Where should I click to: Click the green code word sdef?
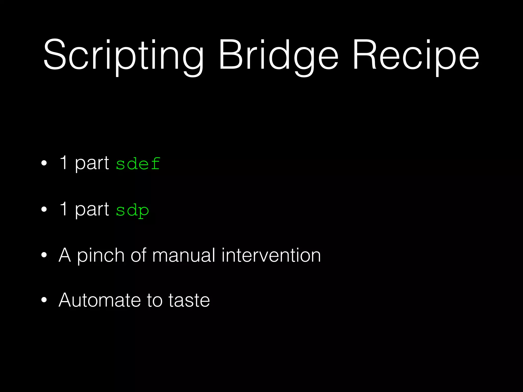pyautogui.click(x=138, y=164)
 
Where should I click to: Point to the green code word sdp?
pyautogui.click(x=132, y=210)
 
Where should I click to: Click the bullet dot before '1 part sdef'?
pyautogui.click(x=44, y=163)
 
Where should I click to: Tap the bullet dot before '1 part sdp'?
pyautogui.click(x=44, y=209)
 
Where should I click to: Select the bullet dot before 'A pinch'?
pyautogui.click(x=44, y=255)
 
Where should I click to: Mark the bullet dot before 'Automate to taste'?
pyautogui.click(x=44, y=300)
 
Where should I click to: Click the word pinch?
pyautogui.click(x=101, y=255)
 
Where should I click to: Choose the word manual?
pyautogui.click(x=184, y=255)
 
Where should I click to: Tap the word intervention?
pyautogui.click(x=271, y=255)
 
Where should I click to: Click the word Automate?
pyautogui.click(x=100, y=300)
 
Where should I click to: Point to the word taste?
pyautogui.click(x=189, y=300)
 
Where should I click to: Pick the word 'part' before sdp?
pyautogui.click(x=92, y=209)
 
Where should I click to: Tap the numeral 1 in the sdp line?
pyautogui.click(x=64, y=209)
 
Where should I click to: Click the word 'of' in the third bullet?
pyautogui.click(x=138, y=255)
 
